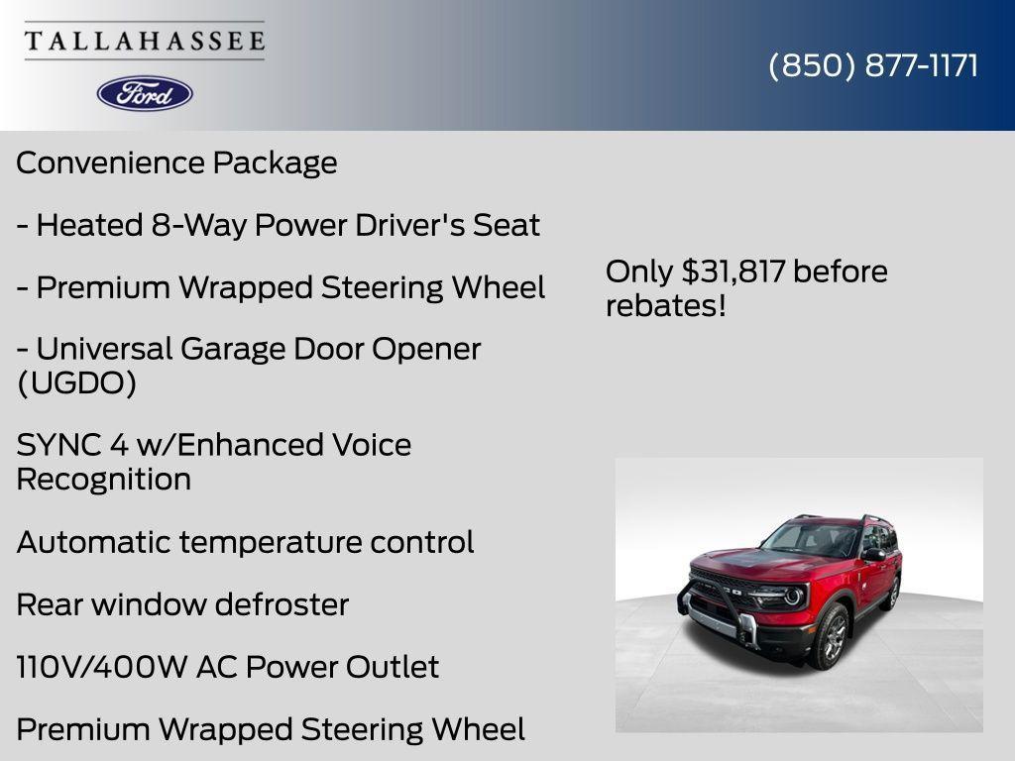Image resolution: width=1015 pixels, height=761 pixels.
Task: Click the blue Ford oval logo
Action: click(145, 93)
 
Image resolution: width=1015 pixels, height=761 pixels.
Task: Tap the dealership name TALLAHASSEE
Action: click(145, 42)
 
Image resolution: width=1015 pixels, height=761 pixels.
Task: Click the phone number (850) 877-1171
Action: click(873, 66)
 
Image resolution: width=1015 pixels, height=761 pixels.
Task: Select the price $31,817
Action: click(734, 272)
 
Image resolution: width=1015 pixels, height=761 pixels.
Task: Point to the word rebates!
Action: click(666, 306)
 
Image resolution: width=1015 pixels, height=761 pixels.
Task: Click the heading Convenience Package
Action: click(176, 163)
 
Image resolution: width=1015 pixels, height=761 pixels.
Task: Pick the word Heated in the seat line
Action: click(90, 225)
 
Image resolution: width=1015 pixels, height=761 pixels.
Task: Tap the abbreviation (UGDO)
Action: click(76, 383)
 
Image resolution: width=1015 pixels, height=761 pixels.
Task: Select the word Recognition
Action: click(103, 480)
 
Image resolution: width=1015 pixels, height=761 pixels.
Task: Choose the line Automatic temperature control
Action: click(245, 542)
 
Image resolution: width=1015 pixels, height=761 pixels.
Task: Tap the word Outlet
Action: click(392, 667)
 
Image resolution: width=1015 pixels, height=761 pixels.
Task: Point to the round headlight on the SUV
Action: click(793, 597)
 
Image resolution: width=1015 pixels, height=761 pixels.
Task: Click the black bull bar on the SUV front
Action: click(714, 607)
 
